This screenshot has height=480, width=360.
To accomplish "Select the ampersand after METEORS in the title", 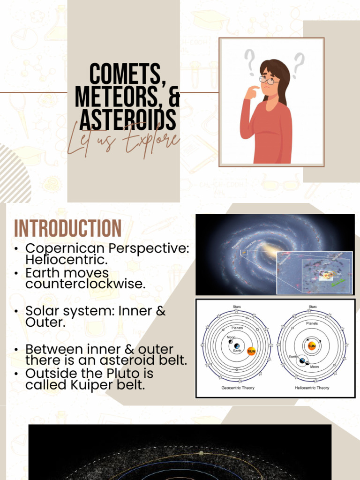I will click(x=173, y=97).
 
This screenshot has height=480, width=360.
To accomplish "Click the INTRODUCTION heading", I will click(x=67, y=228).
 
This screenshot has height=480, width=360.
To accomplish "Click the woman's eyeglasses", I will click(x=269, y=80).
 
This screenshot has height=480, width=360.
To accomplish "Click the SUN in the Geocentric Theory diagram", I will click(x=251, y=351).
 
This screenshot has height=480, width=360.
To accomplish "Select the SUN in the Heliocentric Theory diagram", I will click(x=312, y=346).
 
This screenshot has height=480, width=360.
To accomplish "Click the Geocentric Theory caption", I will click(x=238, y=388).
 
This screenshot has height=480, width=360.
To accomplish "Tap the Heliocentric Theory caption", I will click(x=312, y=388).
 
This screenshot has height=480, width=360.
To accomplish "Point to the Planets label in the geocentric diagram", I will click(x=238, y=328).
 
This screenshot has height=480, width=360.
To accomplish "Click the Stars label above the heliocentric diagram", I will click(x=312, y=307).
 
